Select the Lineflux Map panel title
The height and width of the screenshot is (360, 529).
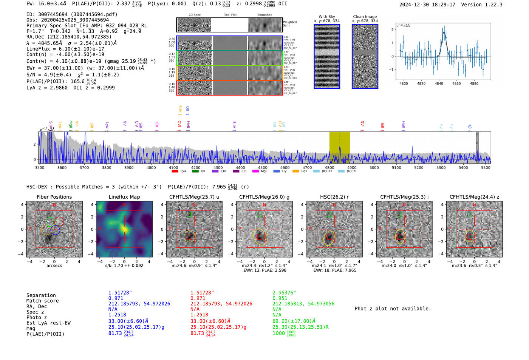124,197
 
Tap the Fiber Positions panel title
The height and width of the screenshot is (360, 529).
54,197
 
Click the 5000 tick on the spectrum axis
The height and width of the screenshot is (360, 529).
374,167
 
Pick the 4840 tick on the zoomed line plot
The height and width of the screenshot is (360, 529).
439,83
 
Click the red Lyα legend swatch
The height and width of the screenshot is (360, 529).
175,171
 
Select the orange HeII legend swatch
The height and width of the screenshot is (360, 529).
295,171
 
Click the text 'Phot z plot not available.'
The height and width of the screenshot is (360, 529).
393,309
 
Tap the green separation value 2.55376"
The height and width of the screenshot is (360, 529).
284,293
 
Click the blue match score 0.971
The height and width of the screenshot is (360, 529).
116,298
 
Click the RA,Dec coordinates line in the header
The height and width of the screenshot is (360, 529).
69,37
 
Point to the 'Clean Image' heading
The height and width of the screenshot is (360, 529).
365,17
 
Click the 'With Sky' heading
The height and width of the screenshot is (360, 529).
326,17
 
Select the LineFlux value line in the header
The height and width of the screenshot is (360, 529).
65,49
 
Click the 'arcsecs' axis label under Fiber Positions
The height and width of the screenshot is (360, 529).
54,266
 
